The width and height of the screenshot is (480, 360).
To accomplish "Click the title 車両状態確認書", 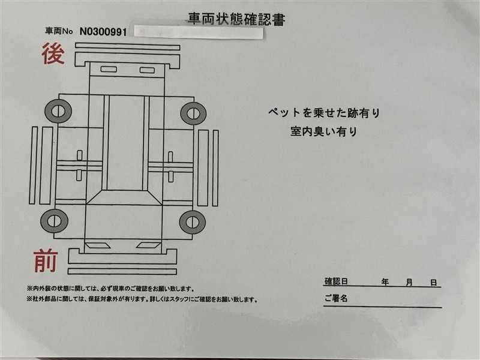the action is point(236,19).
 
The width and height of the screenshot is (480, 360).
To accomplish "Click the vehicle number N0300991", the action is point(103,32).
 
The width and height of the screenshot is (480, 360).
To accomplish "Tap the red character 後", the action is point(53,53).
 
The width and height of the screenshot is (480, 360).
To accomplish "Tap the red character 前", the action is point(46,261).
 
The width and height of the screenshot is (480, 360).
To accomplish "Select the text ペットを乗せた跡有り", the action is point(324,113).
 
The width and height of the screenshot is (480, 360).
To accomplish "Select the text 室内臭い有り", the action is point(324,131).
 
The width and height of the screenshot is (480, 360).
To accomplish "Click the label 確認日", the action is point(336,281).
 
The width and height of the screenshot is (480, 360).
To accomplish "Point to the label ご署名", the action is point(336,298).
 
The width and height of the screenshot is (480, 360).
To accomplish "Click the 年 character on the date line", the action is point(385,282).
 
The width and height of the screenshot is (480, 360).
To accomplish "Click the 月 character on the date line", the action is point(409,282).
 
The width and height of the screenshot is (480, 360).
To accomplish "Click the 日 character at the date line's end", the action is point(433,283).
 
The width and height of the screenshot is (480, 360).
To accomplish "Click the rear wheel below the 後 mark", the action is point(58,111).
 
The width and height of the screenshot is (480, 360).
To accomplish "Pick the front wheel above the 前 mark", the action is point(54,221).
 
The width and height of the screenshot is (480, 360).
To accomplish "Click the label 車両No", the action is point(59,31).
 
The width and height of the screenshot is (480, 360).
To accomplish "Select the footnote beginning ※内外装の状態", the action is point(110,289).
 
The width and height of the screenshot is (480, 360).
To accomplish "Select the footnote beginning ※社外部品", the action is point(142,299).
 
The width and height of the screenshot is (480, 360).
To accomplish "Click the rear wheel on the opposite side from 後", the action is point(193,113).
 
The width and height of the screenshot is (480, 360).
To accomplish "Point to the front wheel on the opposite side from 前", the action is point(193,222).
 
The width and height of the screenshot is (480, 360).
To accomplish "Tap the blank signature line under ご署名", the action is point(383,307).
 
